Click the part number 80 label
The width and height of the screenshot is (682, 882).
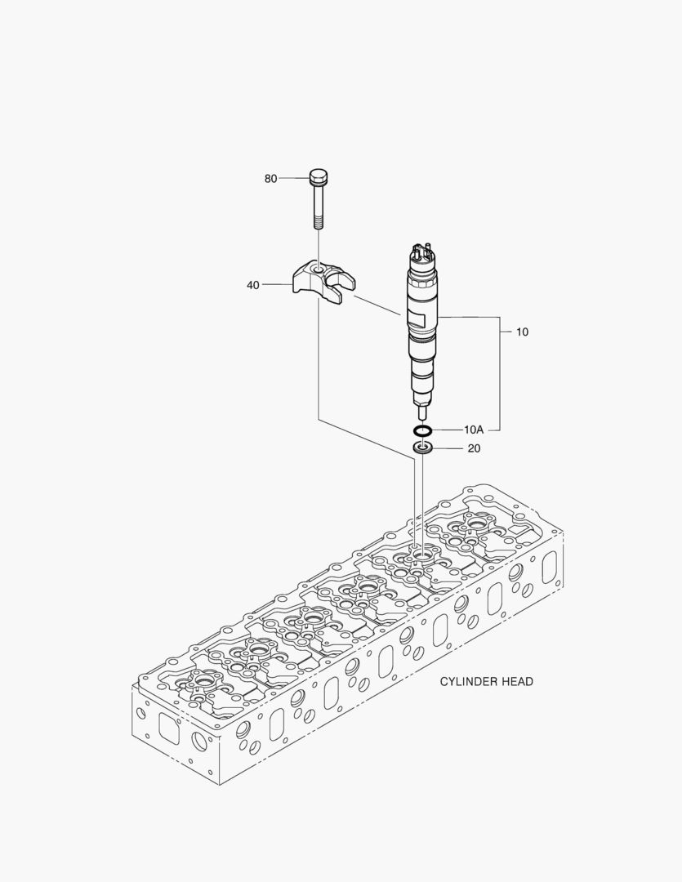tap(270, 178)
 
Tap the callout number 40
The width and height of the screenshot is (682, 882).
tap(253, 285)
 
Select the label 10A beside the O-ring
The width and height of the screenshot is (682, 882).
tap(474, 430)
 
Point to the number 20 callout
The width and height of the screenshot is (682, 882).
tap(475, 448)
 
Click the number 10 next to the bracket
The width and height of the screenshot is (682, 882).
tap(522, 332)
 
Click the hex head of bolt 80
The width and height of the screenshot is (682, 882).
tap(319, 176)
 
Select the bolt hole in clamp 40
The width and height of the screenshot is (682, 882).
tap(318, 268)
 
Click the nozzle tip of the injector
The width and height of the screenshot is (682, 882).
tap(422, 413)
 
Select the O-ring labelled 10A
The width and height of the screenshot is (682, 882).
tap(422, 430)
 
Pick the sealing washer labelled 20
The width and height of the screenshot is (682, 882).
tap(422, 448)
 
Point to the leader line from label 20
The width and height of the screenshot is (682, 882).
tap(448, 448)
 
